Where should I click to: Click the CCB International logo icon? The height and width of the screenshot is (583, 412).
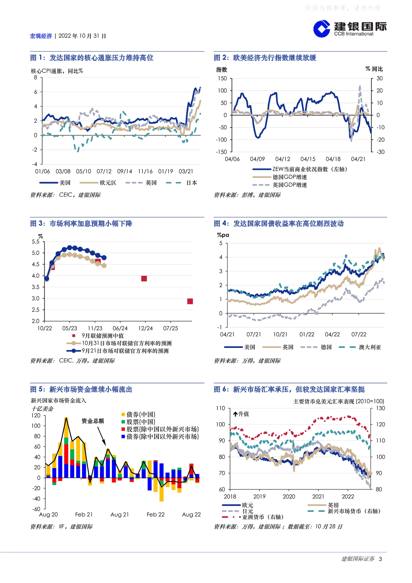pos(322,29)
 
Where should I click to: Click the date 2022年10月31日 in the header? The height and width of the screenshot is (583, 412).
pos(82,36)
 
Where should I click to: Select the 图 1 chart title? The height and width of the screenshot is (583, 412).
pos(92,58)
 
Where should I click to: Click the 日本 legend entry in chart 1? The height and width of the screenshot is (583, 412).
pos(181,183)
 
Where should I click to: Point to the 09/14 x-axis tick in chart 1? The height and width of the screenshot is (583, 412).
pos(125,171)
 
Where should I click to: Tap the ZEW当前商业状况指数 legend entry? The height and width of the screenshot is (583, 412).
pos(300,169)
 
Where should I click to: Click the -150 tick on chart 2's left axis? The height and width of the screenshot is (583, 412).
pos(221,152)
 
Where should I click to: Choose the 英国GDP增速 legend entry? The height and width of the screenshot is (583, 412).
pos(279,185)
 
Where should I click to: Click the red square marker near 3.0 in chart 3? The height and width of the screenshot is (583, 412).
pos(190,301)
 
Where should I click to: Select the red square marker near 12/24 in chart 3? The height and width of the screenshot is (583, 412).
pos(144,279)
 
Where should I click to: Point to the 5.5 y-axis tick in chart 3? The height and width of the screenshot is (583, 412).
pos(36,242)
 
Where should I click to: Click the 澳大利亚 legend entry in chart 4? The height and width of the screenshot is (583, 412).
pos(360,347)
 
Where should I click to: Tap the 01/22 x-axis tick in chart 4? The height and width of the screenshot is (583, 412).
pos(307,335)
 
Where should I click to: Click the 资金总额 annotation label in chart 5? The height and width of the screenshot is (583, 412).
pos(93,421)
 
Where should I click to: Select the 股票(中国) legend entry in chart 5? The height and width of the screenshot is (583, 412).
pos(138,422)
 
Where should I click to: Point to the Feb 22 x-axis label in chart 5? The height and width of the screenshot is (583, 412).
pos(156,515)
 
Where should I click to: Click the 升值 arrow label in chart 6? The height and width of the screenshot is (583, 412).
pos(241,414)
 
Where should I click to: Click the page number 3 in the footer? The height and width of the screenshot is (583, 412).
pos(380,559)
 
